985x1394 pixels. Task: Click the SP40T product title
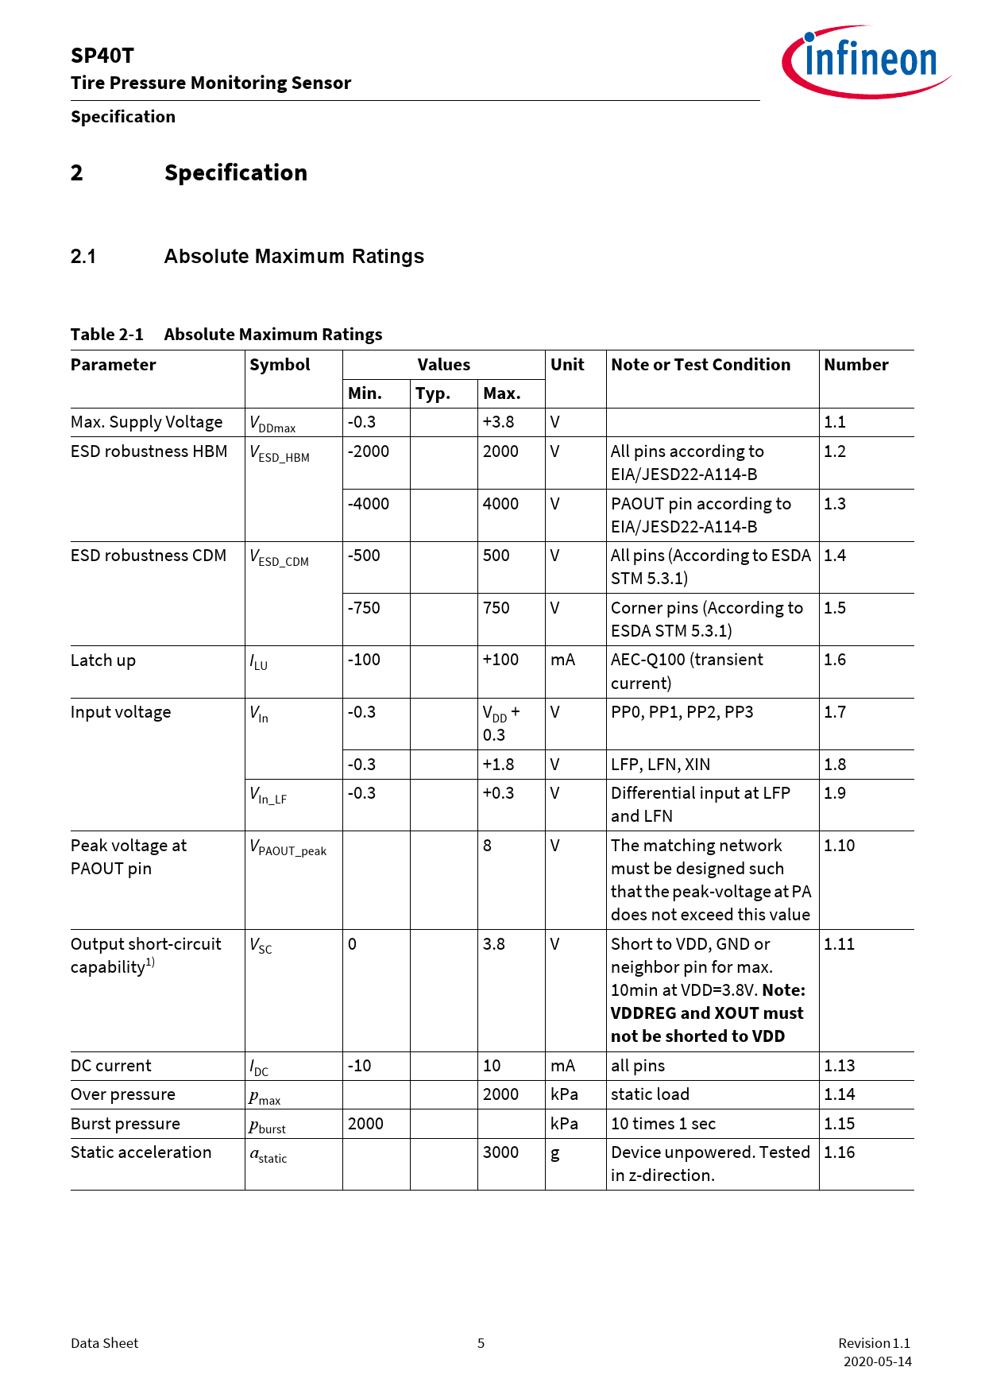click(x=102, y=56)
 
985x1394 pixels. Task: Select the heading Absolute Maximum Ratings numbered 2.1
click(x=294, y=257)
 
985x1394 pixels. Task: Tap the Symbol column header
click(x=280, y=365)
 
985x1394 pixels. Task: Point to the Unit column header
click(x=567, y=365)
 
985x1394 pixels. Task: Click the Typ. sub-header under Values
click(x=433, y=393)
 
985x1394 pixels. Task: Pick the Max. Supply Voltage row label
click(x=146, y=422)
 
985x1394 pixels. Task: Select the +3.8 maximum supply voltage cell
click(x=498, y=422)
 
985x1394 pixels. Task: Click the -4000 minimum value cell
click(x=369, y=504)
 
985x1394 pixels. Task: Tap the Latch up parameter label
click(x=103, y=660)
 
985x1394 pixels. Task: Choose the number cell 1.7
click(x=835, y=712)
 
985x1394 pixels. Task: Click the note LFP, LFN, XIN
click(x=660, y=765)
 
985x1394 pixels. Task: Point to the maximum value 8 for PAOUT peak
click(x=488, y=846)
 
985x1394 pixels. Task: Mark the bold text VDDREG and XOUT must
click(x=707, y=1013)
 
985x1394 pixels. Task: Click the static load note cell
click(x=650, y=1094)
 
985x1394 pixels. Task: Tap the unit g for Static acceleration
click(x=555, y=1153)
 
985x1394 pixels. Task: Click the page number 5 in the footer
click(x=481, y=1343)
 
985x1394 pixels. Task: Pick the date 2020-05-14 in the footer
click(x=877, y=1361)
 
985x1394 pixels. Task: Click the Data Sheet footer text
click(x=104, y=1343)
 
